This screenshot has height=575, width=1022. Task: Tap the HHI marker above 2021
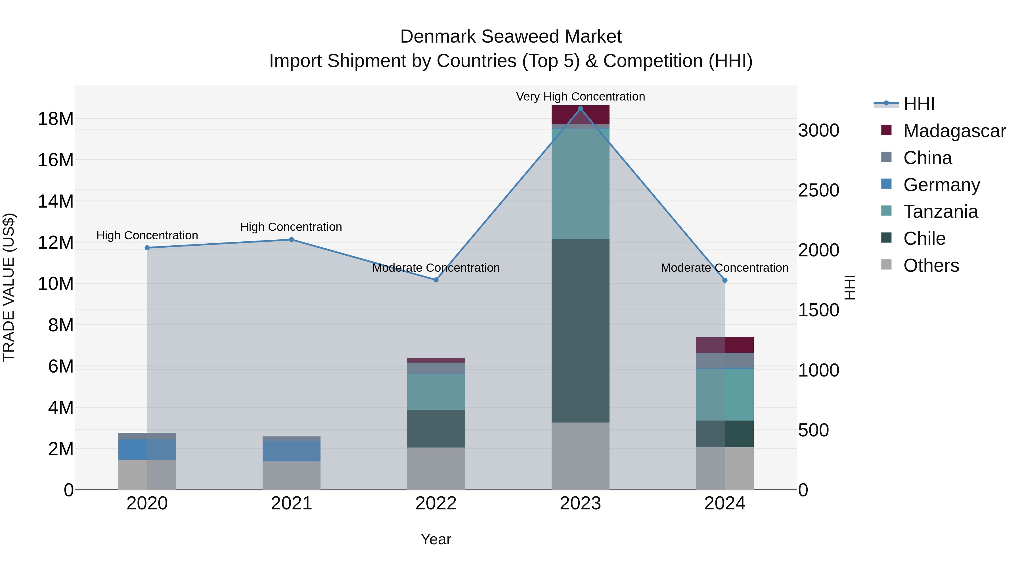291,240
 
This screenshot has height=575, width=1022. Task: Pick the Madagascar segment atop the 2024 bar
724,345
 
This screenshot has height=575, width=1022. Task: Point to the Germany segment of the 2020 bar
147,449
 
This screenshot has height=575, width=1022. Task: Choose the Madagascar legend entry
954,131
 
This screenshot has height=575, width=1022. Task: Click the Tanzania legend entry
940,212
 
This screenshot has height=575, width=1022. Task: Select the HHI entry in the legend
919,104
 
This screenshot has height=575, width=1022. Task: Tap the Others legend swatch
886,265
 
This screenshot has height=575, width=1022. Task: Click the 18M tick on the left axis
56,119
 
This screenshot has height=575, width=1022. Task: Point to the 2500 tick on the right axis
818,190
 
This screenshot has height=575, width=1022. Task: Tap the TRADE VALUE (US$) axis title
9,287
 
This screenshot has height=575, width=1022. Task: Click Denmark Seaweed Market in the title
511,37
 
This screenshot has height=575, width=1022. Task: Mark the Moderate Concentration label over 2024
724,268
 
